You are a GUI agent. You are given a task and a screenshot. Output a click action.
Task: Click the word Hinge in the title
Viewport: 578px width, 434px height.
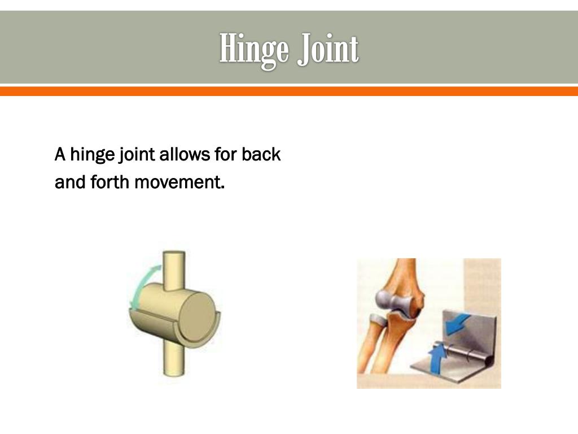click(253, 50)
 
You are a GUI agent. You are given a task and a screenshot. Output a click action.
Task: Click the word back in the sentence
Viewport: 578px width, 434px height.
click(261, 154)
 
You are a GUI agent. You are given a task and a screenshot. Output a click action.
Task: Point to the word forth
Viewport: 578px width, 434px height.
click(110, 183)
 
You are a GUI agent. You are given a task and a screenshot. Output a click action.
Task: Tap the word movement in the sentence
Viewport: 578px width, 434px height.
click(179, 183)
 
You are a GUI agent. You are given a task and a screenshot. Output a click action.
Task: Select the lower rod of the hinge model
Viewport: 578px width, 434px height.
click(173, 359)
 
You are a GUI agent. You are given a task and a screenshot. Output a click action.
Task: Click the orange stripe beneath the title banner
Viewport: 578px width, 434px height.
click(289, 91)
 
